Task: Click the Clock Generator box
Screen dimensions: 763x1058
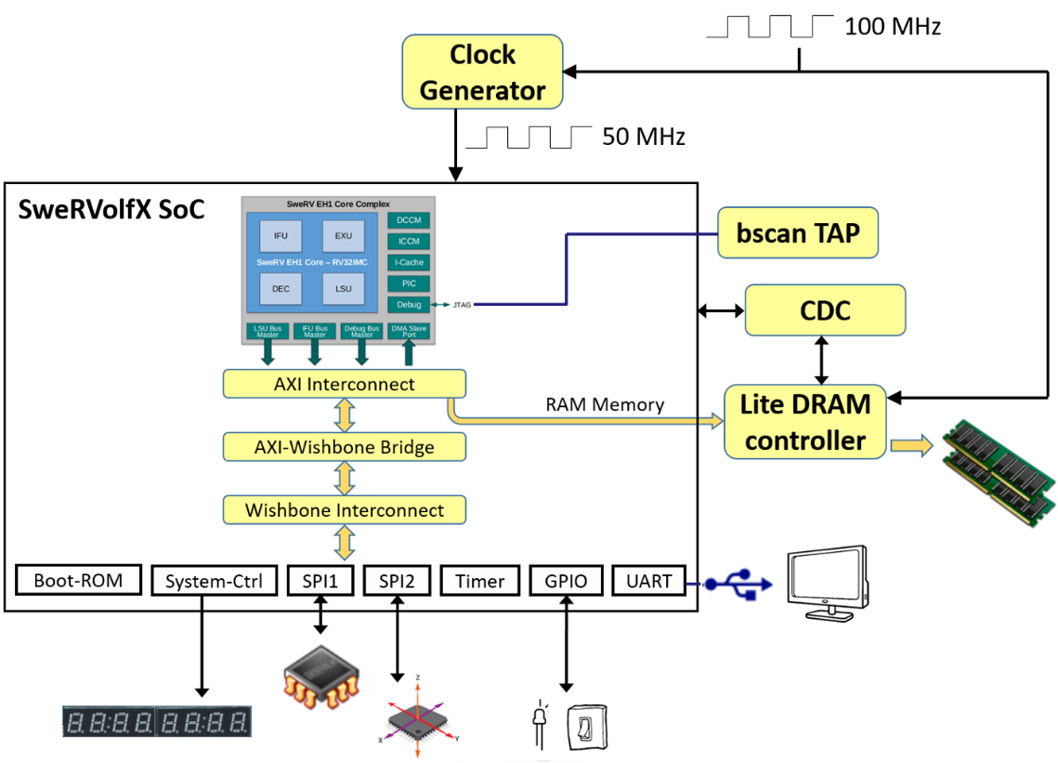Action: [x=482, y=72]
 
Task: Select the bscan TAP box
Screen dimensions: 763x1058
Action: [x=797, y=232]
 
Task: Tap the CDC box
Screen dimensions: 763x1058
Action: [x=824, y=310]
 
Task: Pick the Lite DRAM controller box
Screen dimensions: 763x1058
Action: [x=804, y=422]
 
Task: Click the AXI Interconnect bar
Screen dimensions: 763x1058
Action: [x=344, y=384]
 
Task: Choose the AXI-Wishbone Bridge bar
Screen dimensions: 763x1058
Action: [x=344, y=447]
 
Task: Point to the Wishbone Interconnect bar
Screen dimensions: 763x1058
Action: [x=344, y=510]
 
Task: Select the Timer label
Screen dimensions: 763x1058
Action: [x=479, y=582]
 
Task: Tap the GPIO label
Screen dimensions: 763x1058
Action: [x=566, y=582]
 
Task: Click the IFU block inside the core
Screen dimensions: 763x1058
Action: [x=281, y=236]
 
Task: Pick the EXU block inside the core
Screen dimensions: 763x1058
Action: [x=343, y=236]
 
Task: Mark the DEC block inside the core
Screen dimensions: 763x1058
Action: [x=281, y=289]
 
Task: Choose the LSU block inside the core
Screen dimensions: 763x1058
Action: [x=343, y=289]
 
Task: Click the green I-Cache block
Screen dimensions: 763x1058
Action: [x=409, y=263]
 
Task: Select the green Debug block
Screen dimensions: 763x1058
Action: [x=409, y=305]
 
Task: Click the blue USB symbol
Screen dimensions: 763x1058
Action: [x=738, y=584]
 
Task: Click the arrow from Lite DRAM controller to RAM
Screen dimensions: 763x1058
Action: [x=911, y=447]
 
